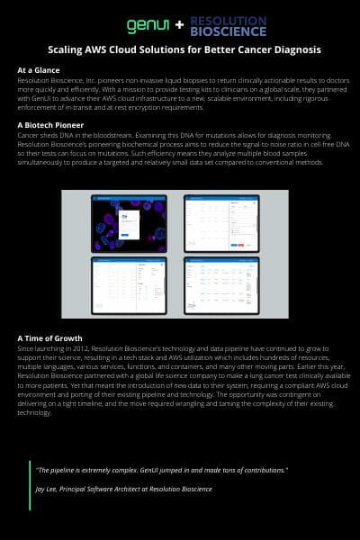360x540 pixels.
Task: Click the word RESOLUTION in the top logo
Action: pos(229,17)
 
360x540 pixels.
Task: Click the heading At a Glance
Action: pos(39,69)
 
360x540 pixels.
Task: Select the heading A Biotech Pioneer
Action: pos(50,123)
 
